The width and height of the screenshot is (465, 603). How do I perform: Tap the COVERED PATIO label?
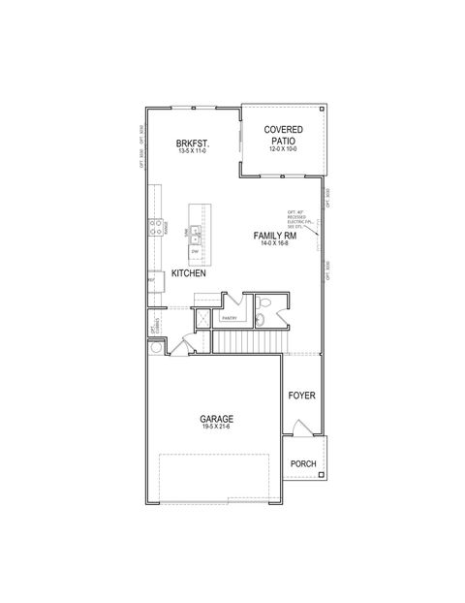[x=284, y=135]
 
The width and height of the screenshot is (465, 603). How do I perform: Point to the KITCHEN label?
[x=189, y=274]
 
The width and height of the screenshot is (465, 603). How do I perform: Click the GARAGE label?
[x=217, y=420]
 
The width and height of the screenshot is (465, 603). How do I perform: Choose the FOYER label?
[x=303, y=397]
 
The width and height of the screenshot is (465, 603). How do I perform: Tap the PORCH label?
[x=303, y=464]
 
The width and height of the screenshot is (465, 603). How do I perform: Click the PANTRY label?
[x=230, y=318]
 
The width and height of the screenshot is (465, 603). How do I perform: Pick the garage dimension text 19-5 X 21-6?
[x=217, y=428]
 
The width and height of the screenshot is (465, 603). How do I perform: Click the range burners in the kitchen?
[x=154, y=229]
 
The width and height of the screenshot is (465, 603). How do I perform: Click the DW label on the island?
[x=195, y=251]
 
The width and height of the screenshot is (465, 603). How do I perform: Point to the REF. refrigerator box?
[x=152, y=280]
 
